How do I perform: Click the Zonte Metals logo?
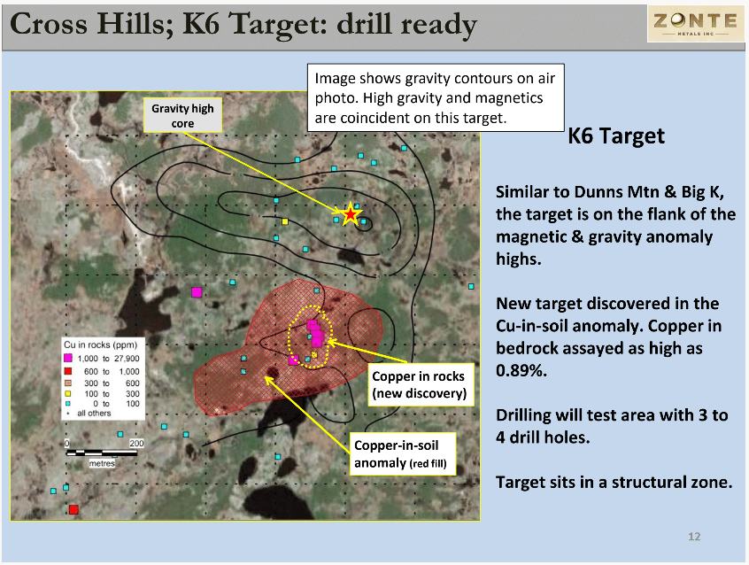(696, 23)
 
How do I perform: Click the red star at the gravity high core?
(351, 214)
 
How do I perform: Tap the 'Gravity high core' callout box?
(183, 116)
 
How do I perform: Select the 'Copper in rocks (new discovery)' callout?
(419, 385)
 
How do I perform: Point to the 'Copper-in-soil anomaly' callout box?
(401, 454)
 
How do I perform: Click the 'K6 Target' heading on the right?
(615, 135)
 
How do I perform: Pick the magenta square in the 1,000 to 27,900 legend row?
(68, 358)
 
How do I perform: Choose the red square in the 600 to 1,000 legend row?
(68, 371)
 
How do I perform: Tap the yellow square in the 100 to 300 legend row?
(68, 394)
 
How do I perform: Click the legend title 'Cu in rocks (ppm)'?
(100, 344)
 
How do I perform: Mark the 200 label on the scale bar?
(136, 443)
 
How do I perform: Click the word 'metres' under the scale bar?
(102, 463)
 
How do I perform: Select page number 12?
(694, 537)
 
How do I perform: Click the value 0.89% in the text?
(521, 370)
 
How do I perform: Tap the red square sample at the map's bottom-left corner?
(73, 509)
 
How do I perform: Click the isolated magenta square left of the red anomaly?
(197, 292)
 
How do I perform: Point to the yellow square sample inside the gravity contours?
(285, 221)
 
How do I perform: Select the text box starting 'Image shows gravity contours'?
(436, 97)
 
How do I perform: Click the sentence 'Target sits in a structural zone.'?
(614, 483)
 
